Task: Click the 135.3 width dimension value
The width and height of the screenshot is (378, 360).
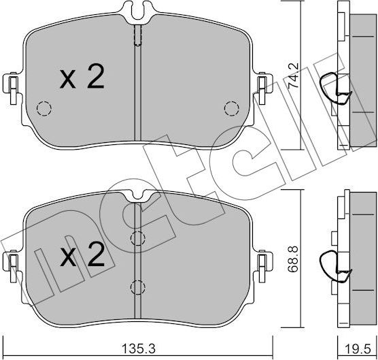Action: [139, 348]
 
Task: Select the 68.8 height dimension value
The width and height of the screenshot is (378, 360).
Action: [293, 259]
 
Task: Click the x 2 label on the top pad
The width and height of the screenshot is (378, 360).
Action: [82, 76]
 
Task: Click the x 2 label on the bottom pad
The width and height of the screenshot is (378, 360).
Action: [82, 255]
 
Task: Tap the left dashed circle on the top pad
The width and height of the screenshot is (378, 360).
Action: [44, 108]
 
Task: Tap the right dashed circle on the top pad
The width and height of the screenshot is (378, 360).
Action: [232, 108]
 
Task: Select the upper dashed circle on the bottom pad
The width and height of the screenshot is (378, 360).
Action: [137, 238]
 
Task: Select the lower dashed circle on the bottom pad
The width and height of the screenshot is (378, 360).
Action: [137, 287]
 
